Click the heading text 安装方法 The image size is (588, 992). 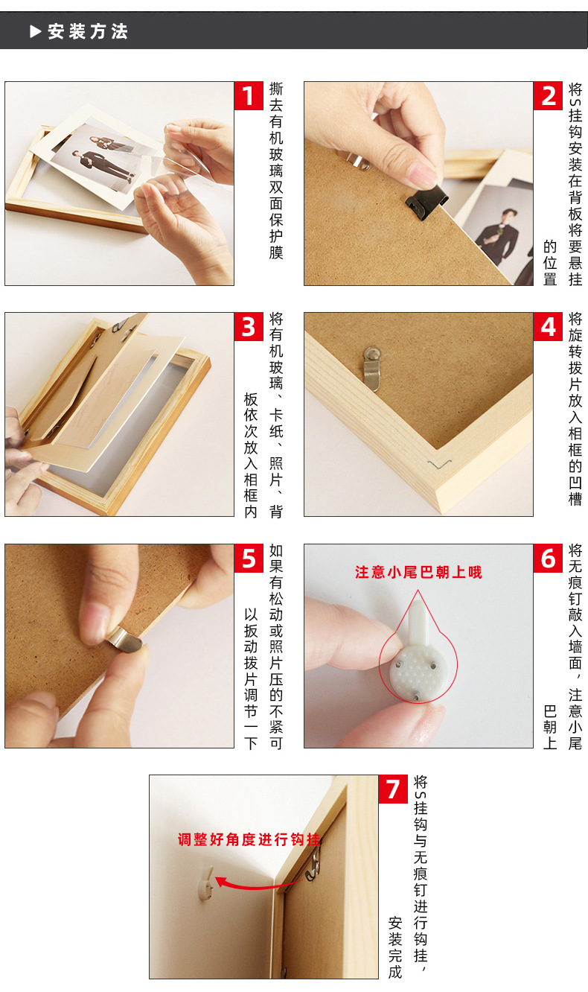click(x=88, y=31)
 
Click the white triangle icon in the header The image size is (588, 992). click(x=35, y=31)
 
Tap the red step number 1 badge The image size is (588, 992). click(x=249, y=96)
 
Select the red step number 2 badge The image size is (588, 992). click(x=548, y=96)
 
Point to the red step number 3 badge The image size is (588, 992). click(x=249, y=327)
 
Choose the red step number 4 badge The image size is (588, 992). click(x=548, y=327)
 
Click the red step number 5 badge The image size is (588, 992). click(x=249, y=558)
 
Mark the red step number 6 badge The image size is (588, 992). click(x=548, y=558)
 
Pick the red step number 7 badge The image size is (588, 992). click(x=393, y=789)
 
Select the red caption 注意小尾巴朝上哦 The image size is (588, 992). click(x=418, y=572)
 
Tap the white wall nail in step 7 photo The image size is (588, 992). click(x=205, y=883)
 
